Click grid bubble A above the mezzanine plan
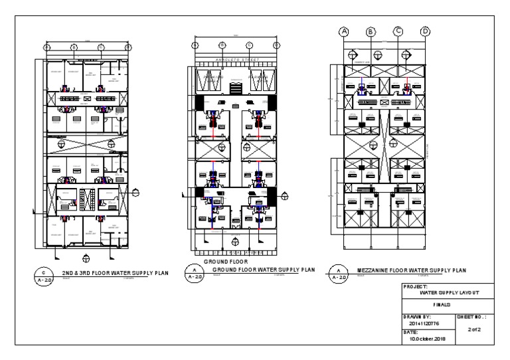click(x=344, y=31)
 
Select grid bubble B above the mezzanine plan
click(x=371, y=31)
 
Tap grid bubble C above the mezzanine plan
click(x=398, y=31)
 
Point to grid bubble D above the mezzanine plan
click(x=425, y=31)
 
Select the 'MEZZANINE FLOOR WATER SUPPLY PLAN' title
click(x=412, y=270)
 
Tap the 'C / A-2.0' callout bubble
click(x=44, y=275)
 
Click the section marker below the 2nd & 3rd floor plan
click(x=86, y=256)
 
